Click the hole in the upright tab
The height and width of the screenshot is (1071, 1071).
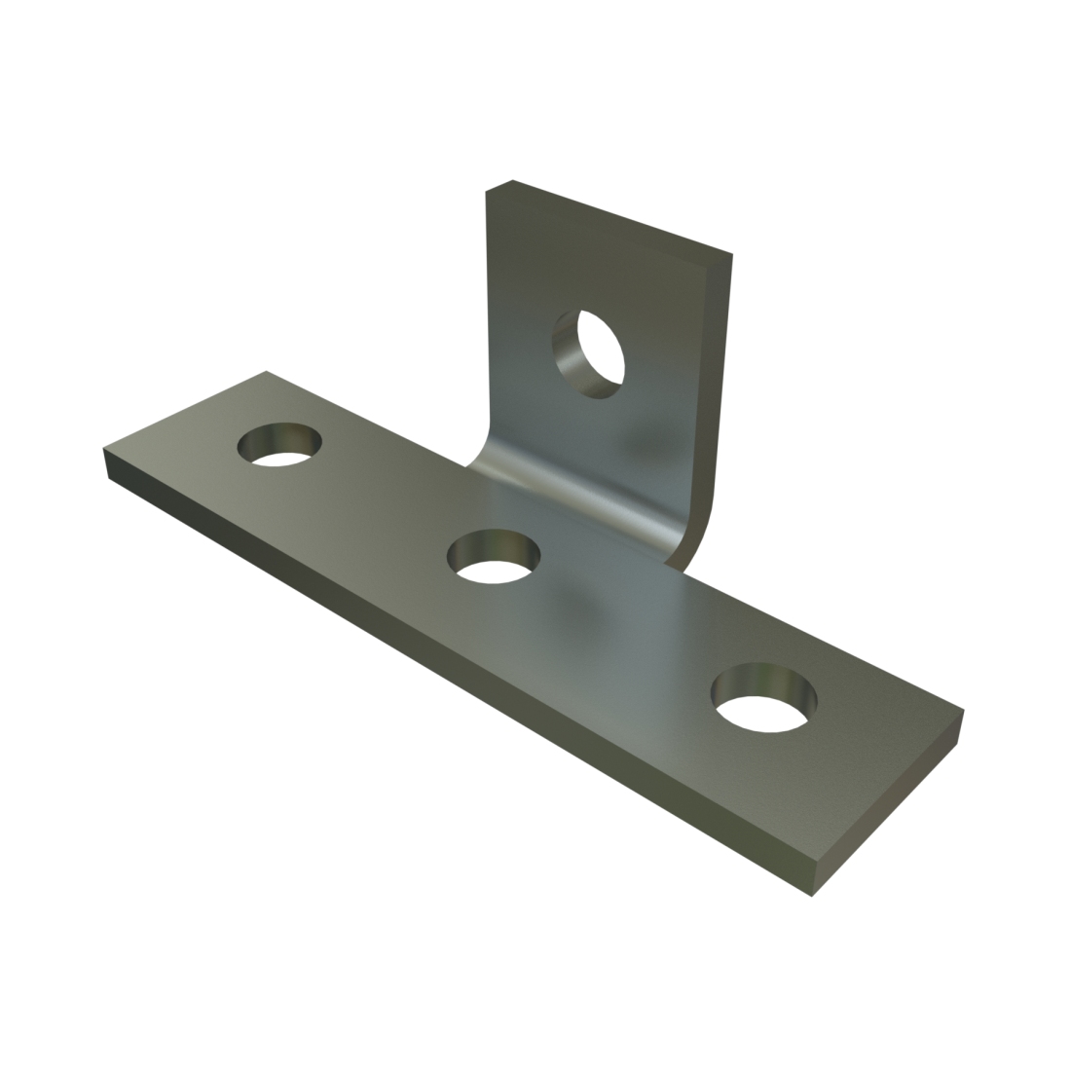click(587, 352)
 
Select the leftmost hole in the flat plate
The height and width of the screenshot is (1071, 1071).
click(281, 445)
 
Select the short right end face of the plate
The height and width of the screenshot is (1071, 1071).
click(891, 808)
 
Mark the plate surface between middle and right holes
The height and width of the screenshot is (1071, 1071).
click(623, 623)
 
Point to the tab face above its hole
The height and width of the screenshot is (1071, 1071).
click(604, 263)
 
